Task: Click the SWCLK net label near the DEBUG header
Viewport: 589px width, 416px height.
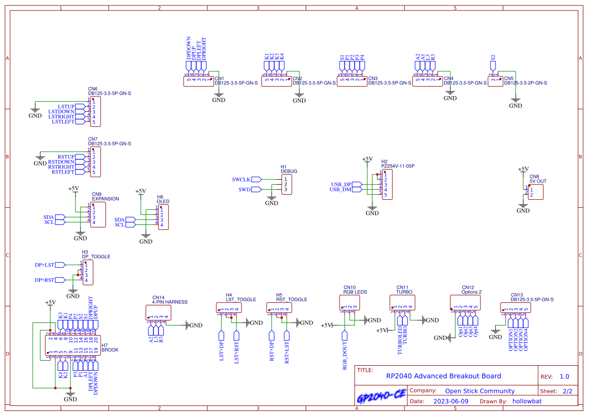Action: coord(241,180)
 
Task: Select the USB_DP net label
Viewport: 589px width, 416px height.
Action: coord(341,185)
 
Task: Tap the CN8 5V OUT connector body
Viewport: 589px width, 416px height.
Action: coord(536,192)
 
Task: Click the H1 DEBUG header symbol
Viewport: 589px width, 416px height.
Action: coord(286,185)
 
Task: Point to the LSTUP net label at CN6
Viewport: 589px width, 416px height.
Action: coord(66,107)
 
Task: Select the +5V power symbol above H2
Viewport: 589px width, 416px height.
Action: coord(367,159)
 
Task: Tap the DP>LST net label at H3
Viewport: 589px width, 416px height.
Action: coord(44,265)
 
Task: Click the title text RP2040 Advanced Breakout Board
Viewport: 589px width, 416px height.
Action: coord(443,376)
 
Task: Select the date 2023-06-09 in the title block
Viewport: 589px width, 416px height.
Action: coord(450,401)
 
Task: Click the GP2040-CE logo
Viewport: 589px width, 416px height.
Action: coord(381,397)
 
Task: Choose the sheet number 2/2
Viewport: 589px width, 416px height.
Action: coord(567,391)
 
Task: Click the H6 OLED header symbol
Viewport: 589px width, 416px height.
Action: coord(163,217)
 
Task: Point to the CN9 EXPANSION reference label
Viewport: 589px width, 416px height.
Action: coord(105,199)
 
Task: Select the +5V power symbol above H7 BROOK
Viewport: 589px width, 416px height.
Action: coord(50,303)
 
